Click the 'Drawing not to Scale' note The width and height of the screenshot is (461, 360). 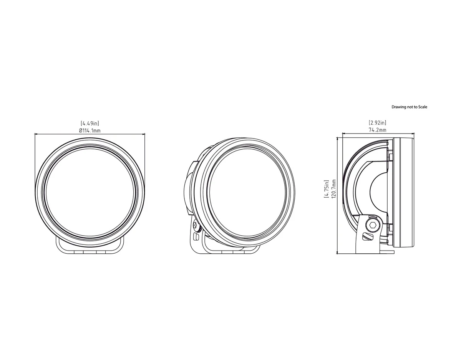[409, 107]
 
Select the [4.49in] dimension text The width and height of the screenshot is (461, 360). [90, 123]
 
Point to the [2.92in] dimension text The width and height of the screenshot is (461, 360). [377, 123]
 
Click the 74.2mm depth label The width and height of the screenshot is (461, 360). [377, 130]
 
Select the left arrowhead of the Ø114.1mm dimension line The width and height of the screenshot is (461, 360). [36, 134]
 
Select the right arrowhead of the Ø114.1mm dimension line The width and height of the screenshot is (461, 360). [144, 134]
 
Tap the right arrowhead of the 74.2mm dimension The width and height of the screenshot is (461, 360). [412, 134]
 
